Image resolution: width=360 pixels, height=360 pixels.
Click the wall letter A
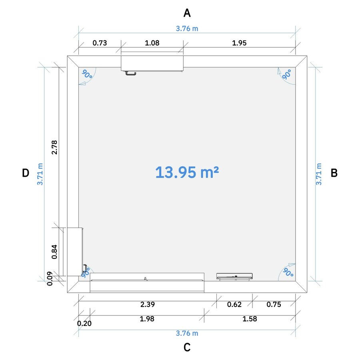click(187, 13)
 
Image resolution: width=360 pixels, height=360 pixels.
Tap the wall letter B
click(334, 173)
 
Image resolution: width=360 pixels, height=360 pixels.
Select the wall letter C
click(187, 347)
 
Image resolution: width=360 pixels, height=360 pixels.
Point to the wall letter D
click(26, 173)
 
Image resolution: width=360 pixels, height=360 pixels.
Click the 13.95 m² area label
click(187, 172)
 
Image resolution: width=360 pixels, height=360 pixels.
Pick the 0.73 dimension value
click(100, 43)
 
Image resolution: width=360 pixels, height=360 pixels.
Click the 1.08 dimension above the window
click(152, 43)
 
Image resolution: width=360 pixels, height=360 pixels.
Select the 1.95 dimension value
click(239, 43)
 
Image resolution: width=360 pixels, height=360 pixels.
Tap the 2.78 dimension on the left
click(54, 147)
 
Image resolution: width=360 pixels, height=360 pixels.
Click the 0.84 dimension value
click(54, 252)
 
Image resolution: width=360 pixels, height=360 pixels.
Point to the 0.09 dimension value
click(50, 278)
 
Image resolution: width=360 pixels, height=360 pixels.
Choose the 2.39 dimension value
click(148, 304)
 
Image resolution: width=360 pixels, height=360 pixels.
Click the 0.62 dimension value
click(234, 304)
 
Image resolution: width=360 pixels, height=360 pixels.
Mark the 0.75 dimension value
click(274, 304)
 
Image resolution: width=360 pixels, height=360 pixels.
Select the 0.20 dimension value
click(84, 323)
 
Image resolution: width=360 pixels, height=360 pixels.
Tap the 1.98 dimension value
click(147, 319)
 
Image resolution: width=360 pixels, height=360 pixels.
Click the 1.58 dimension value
click(250, 319)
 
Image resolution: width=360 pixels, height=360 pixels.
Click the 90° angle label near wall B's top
click(286, 74)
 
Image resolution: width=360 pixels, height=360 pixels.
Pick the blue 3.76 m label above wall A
click(187, 28)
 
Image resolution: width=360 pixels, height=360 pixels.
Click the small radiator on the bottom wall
click(234, 277)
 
